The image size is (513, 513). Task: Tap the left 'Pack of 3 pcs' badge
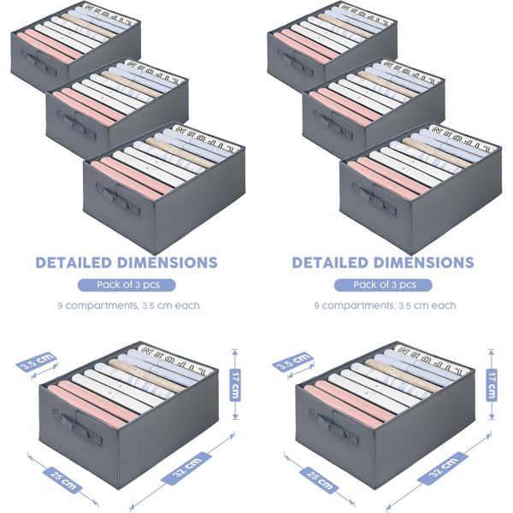click(x=127, y=285)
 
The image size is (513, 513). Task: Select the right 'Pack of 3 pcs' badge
click(x=383, y=285)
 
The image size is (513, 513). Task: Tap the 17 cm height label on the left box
click(x=235, y=382)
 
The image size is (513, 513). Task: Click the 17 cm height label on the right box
click(x=492, y=382)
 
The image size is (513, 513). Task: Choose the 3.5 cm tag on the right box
click(x=292, y=363)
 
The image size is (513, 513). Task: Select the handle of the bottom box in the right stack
click(x=376, y=203)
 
